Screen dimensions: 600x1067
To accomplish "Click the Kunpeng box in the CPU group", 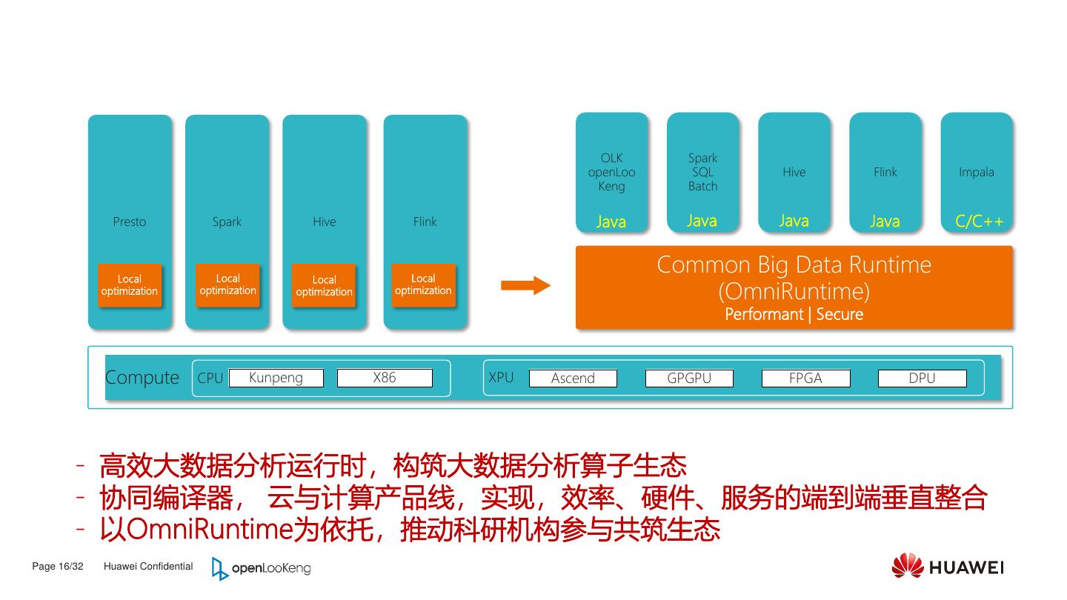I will click(x=276, y=378).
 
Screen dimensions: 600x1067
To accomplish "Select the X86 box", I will click(x=385, y=378).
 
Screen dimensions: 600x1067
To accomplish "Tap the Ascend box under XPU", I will click(x=573, y=379).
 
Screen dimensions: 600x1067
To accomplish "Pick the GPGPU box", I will click(x=689, y=379).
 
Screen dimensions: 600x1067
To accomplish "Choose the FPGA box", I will click(x=805, y=379).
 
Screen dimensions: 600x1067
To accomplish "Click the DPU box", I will click(x=922, y=379).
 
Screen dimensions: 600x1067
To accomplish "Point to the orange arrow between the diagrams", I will click(x=525, y=286).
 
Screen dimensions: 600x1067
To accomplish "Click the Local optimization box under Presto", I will click(x=130, y=285).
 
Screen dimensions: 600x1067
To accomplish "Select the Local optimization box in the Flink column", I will click(x=423, y=284).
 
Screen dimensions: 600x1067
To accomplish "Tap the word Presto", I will click(x=130, y=221).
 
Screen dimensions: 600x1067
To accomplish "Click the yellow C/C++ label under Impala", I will click(x=979, y=221).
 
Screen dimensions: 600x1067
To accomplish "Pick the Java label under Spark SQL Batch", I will click(x=702, y=221).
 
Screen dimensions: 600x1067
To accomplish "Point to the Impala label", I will click(x=977, y=172).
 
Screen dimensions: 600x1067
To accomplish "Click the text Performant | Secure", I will click(x=794, y=314).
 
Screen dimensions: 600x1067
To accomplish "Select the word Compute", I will click(x=142, y=378).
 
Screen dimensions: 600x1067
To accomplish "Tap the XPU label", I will click(x=501, y=378).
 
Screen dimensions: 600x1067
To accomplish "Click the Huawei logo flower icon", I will click(x=907, y=566).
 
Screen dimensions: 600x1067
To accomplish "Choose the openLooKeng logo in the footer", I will click(x=261, y=568).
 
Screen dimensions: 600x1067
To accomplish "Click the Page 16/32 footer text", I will click(x=58, y=567).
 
